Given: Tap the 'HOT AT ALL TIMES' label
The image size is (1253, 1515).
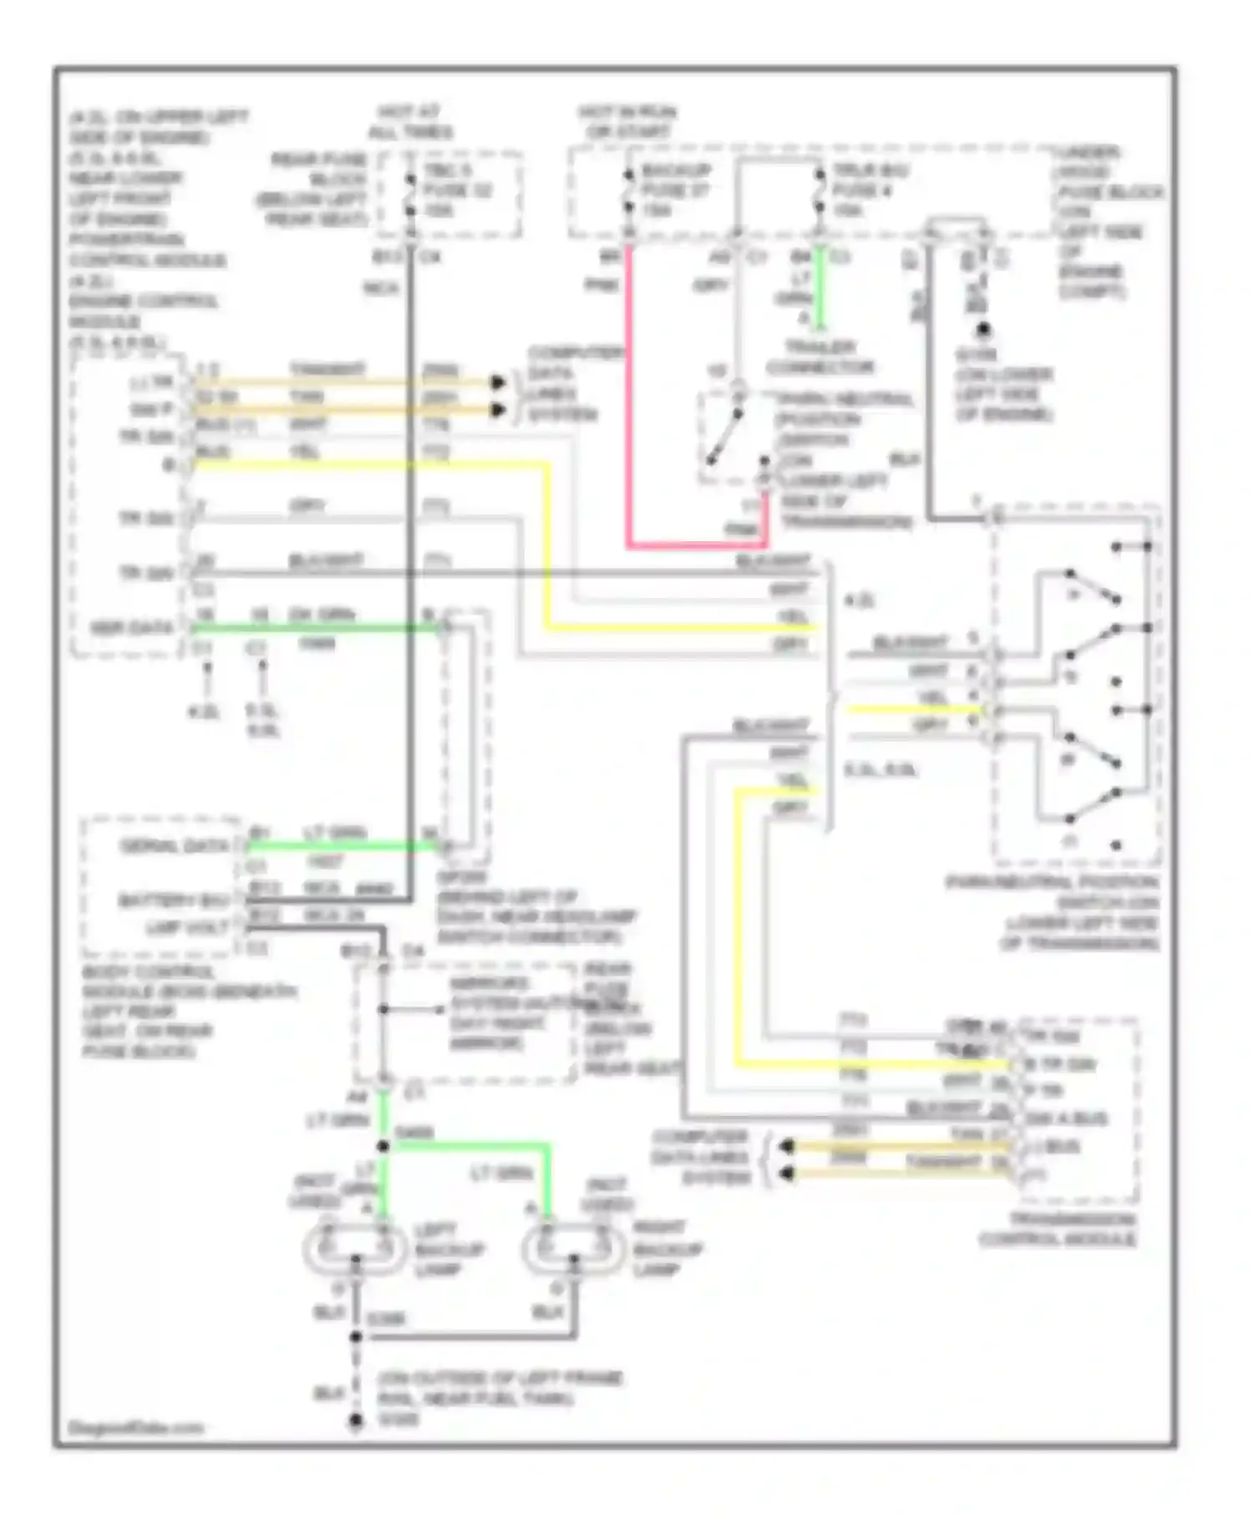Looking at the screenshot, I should [x=410, y=122].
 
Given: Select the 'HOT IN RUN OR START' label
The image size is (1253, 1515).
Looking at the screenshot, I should [x=627, y=122].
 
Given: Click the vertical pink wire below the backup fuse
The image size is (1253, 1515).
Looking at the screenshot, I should [x=628, y=393].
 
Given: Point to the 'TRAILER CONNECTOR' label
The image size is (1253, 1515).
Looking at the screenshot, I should [x=819, y=357].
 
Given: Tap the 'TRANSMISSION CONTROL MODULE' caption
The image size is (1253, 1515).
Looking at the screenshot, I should [x=1058, y=1229].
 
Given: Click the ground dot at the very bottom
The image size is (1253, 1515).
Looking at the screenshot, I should [x=356, y=1421].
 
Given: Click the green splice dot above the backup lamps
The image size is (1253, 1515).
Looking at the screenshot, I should [x=383, y=1146].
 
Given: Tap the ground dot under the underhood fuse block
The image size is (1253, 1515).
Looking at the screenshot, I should [x=983, y=329].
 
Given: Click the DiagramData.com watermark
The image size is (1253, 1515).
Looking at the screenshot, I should [x=135, y=1427].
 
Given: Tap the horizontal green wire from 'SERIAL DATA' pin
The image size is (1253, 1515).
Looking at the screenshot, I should [x=342, y=847].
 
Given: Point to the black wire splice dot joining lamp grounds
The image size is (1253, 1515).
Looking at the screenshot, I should [x=356, y=1336].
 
